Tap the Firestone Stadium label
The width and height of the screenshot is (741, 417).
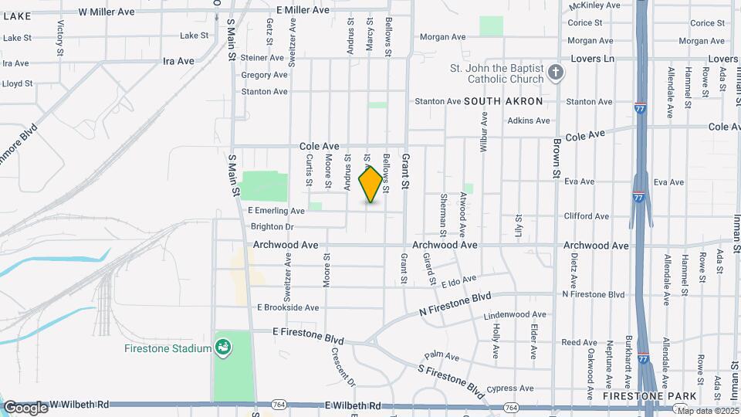coord(167,348)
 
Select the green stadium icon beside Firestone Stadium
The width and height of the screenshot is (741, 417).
coord(223,348)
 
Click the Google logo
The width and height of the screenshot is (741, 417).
coord(25,408)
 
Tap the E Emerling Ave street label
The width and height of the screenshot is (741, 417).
coord(276,211)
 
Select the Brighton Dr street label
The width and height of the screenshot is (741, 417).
coord(272,227)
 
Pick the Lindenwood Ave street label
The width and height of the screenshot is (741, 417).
coord(515,315)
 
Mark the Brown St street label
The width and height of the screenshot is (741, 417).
coord(555,159)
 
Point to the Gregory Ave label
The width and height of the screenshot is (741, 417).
coord(264,75)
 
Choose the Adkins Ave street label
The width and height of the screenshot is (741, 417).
coord(529,120)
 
